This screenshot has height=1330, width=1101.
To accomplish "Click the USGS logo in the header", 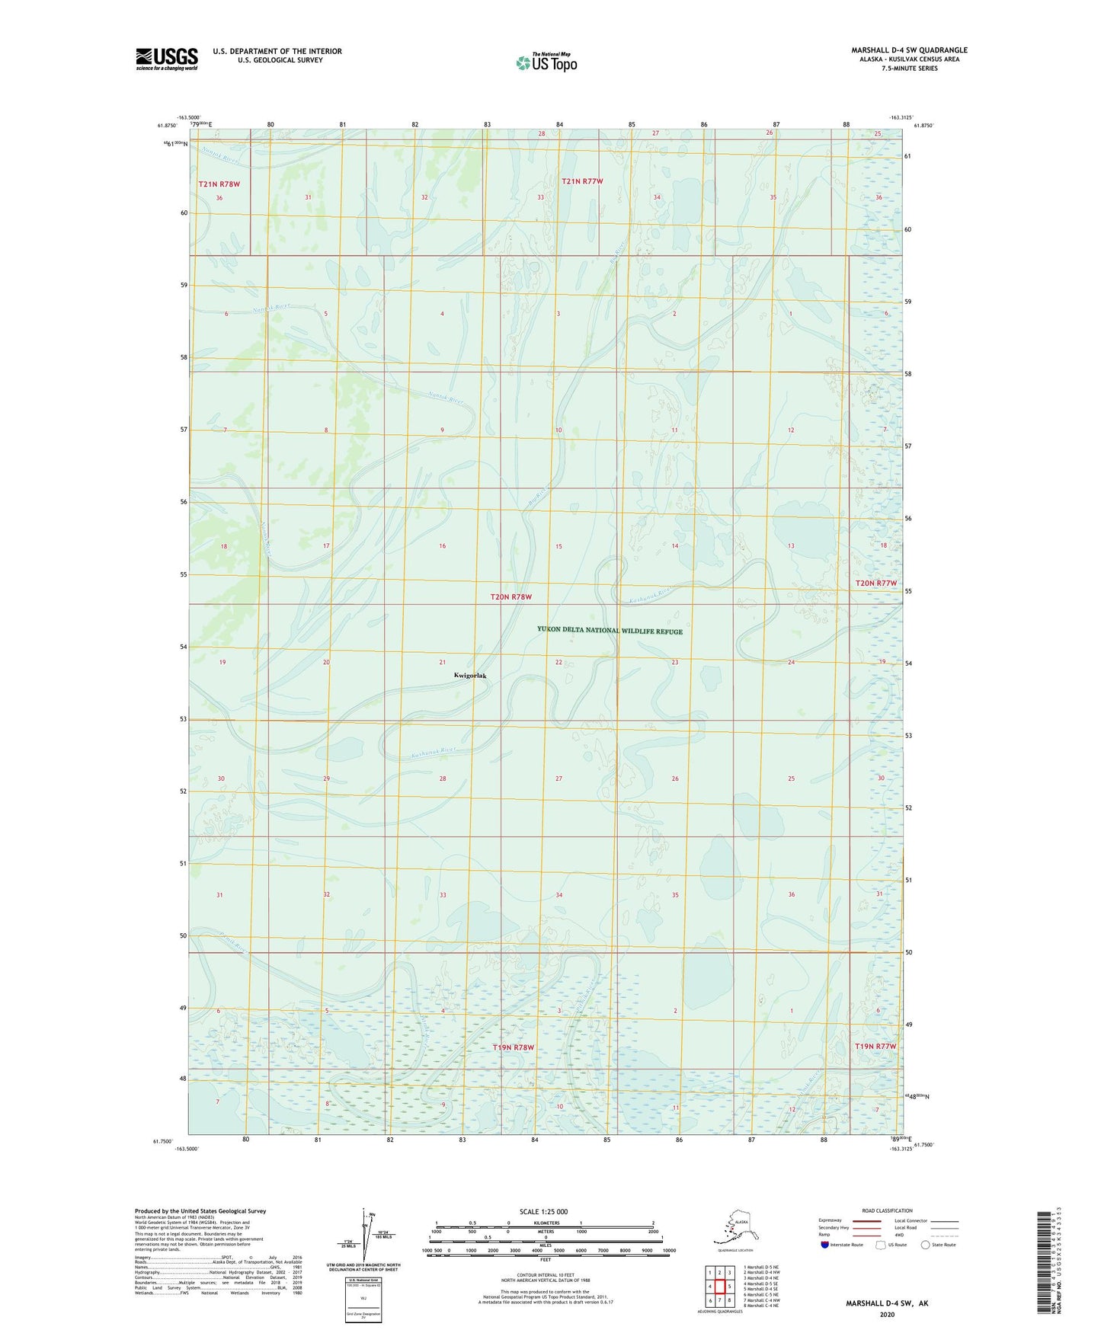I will pyautogui.click(x=167, y=59).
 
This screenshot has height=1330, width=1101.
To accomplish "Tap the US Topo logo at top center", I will pyautogui.click(x=546, y=62).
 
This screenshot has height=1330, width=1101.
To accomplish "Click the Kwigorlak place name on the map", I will pyautogui.click(x=469, y=675).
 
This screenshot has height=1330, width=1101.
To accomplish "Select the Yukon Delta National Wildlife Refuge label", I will pyautogui.click(x=610, y=631).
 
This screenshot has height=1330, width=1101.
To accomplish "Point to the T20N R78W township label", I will pyautogui.click(x=510, y=597).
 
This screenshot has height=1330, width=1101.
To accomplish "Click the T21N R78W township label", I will pyautogui.click(x=219, y=184).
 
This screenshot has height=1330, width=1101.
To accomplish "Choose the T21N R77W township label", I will pyautogui.click(x=582, y=181).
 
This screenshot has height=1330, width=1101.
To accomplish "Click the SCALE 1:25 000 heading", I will pyautogui.click(x=543, y=1211).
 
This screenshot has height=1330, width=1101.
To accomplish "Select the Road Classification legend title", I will pyautogui.click(x=887, y=1210).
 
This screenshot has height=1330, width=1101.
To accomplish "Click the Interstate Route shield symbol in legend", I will pyautogui.click(x=824, y=1245).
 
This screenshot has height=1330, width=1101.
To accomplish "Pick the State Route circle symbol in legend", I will pyautogui.click(x=926, y=1245).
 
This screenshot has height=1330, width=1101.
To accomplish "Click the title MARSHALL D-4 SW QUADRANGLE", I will pyautogui.click(x=909, y=50).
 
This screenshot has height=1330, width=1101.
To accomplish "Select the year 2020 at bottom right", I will pyautogui.click(x=886, y=1314).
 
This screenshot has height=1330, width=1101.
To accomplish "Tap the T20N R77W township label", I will pyautogui.click(x=876, y=583).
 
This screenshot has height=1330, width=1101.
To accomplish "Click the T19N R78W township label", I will pyautogui.click(x=512, y=1047).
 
